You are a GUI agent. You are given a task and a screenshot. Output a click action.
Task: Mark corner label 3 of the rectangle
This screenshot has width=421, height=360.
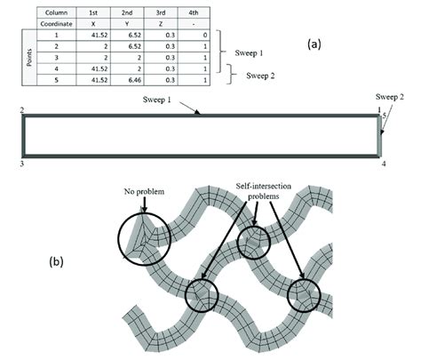(20, 164)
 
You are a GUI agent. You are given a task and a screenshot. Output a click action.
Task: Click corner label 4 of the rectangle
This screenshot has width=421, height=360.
(383, 164)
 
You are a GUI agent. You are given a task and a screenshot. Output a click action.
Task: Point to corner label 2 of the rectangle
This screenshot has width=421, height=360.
(20, 109)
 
